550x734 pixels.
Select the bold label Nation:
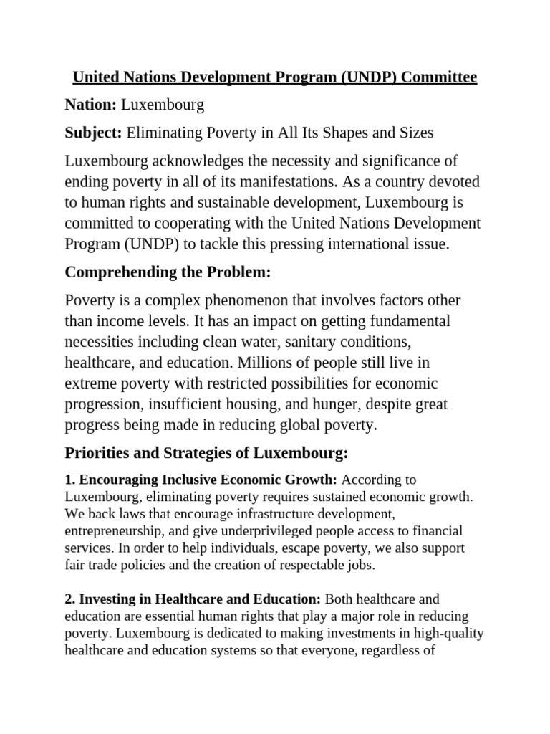90,105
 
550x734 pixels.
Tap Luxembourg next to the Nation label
163,105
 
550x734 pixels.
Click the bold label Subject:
94,133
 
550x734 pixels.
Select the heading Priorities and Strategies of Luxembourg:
206,453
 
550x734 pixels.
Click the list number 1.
69,479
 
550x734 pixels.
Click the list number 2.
69,598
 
